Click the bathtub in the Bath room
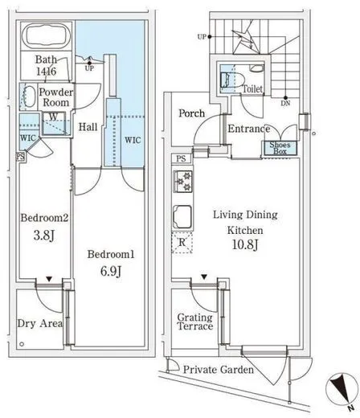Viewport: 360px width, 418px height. click(x=47, y=36)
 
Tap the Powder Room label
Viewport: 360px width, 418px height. click(x=56, y=97)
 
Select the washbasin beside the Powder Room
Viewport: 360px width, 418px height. click(x=29, y=96)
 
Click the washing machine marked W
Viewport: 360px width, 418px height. click(x=54, y=124)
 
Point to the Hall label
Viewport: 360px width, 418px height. click(x=88, y=127)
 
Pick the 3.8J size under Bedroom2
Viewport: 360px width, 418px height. click(x=44, y=236)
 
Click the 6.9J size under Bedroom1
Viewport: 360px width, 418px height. click(x=111, y=272)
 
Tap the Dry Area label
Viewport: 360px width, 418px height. click(x=40, y=323)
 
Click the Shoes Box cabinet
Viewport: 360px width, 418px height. click(x=280, y=148)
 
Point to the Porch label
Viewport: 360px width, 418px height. click(x=191, y=113)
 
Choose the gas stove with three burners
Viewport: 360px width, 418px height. click(x=183, y=182)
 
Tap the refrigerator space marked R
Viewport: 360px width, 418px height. click(x=182, y=243)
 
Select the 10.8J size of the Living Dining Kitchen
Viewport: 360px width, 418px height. click(x=245, y=245)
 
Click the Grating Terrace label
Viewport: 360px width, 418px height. click(x=195, y=322)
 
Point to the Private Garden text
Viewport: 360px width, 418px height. click(x=219, y=370)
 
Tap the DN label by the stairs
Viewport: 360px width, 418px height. click(x=286, y=103)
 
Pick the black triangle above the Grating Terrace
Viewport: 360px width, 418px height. click(x=204, y=277)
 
